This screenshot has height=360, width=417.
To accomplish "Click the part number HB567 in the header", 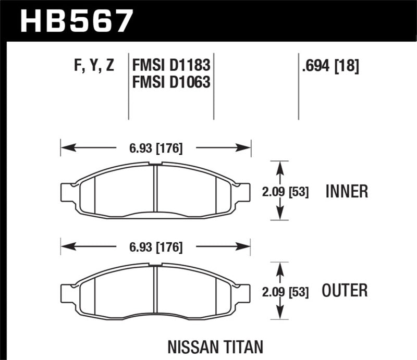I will [x=77, y=21].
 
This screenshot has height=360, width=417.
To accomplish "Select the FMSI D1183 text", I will [x=171, y=66].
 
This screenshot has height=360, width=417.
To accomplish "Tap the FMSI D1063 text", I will [x=171, y=82].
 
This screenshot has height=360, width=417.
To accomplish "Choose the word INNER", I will [x=347, y=191].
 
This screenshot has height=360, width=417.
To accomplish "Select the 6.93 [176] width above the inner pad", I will [x=156, y=148].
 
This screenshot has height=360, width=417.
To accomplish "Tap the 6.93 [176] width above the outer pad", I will [x=156, y=247].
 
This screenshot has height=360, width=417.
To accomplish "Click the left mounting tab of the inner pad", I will [x=67, y=192].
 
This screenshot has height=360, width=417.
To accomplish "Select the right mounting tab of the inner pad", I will [x=244, y=192].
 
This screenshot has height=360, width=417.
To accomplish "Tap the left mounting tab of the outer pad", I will [x=67, y=292].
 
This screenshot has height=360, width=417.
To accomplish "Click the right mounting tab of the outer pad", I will [x=244, y=292].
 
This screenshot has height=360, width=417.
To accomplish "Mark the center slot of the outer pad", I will [x=155, y=290].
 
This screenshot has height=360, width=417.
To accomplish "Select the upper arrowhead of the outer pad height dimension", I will [x=280, y=268].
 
